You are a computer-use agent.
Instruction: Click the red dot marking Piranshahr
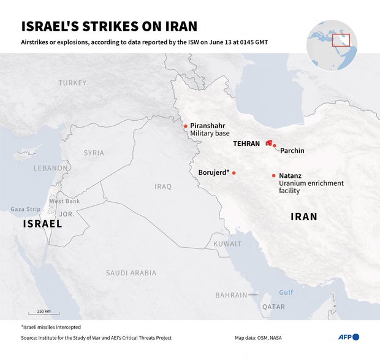point(185,128)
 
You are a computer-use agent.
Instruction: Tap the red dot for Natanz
point(273,176)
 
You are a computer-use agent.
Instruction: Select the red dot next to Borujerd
point(234,173)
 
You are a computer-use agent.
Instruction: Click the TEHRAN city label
point(246,144)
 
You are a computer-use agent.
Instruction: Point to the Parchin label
point(292,150)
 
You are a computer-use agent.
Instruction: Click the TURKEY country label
point(72,83)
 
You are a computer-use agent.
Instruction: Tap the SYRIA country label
point(94,153)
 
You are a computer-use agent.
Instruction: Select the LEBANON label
point(51,167)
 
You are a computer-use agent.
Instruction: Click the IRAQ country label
point(163,186)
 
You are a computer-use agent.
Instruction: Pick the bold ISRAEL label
point(42,224)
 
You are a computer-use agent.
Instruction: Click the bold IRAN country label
point(303,216)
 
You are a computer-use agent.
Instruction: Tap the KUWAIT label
point(227,243)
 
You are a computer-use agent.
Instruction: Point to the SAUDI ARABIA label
point(131,272)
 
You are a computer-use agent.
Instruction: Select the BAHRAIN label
point(231,295)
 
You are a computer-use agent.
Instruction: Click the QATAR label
point(273,307)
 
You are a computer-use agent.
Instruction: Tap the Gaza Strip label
point(25,209)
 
